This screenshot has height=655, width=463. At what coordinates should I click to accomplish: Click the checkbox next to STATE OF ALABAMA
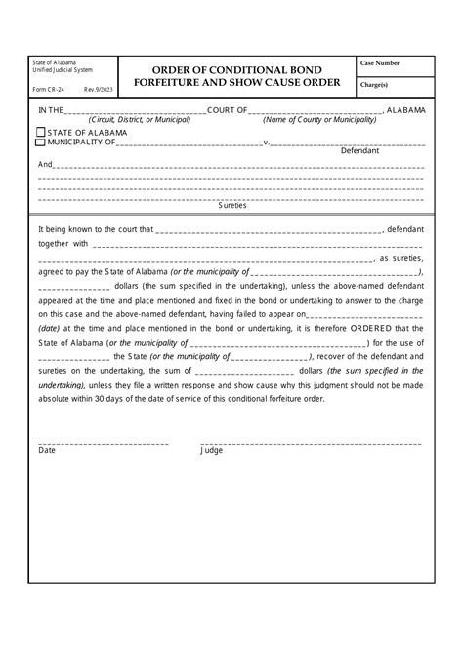coord(40,132)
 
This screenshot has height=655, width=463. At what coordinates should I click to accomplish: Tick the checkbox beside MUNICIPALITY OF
coord(40,143)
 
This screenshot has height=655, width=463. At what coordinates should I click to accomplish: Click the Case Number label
coord(380,63)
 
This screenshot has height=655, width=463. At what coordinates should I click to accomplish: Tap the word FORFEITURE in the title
coord(170,83)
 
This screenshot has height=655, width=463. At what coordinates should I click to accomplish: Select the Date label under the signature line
coord(47,451)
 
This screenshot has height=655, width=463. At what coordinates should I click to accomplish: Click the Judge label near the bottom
coord(212,451)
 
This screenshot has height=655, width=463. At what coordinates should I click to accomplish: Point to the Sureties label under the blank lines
coord(231,206)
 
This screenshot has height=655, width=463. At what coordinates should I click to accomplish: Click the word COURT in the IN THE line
coord(226,111)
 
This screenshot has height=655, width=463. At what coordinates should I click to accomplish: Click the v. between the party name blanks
coord(267,143)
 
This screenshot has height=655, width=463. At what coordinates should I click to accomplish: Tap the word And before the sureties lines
coord(45,164)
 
